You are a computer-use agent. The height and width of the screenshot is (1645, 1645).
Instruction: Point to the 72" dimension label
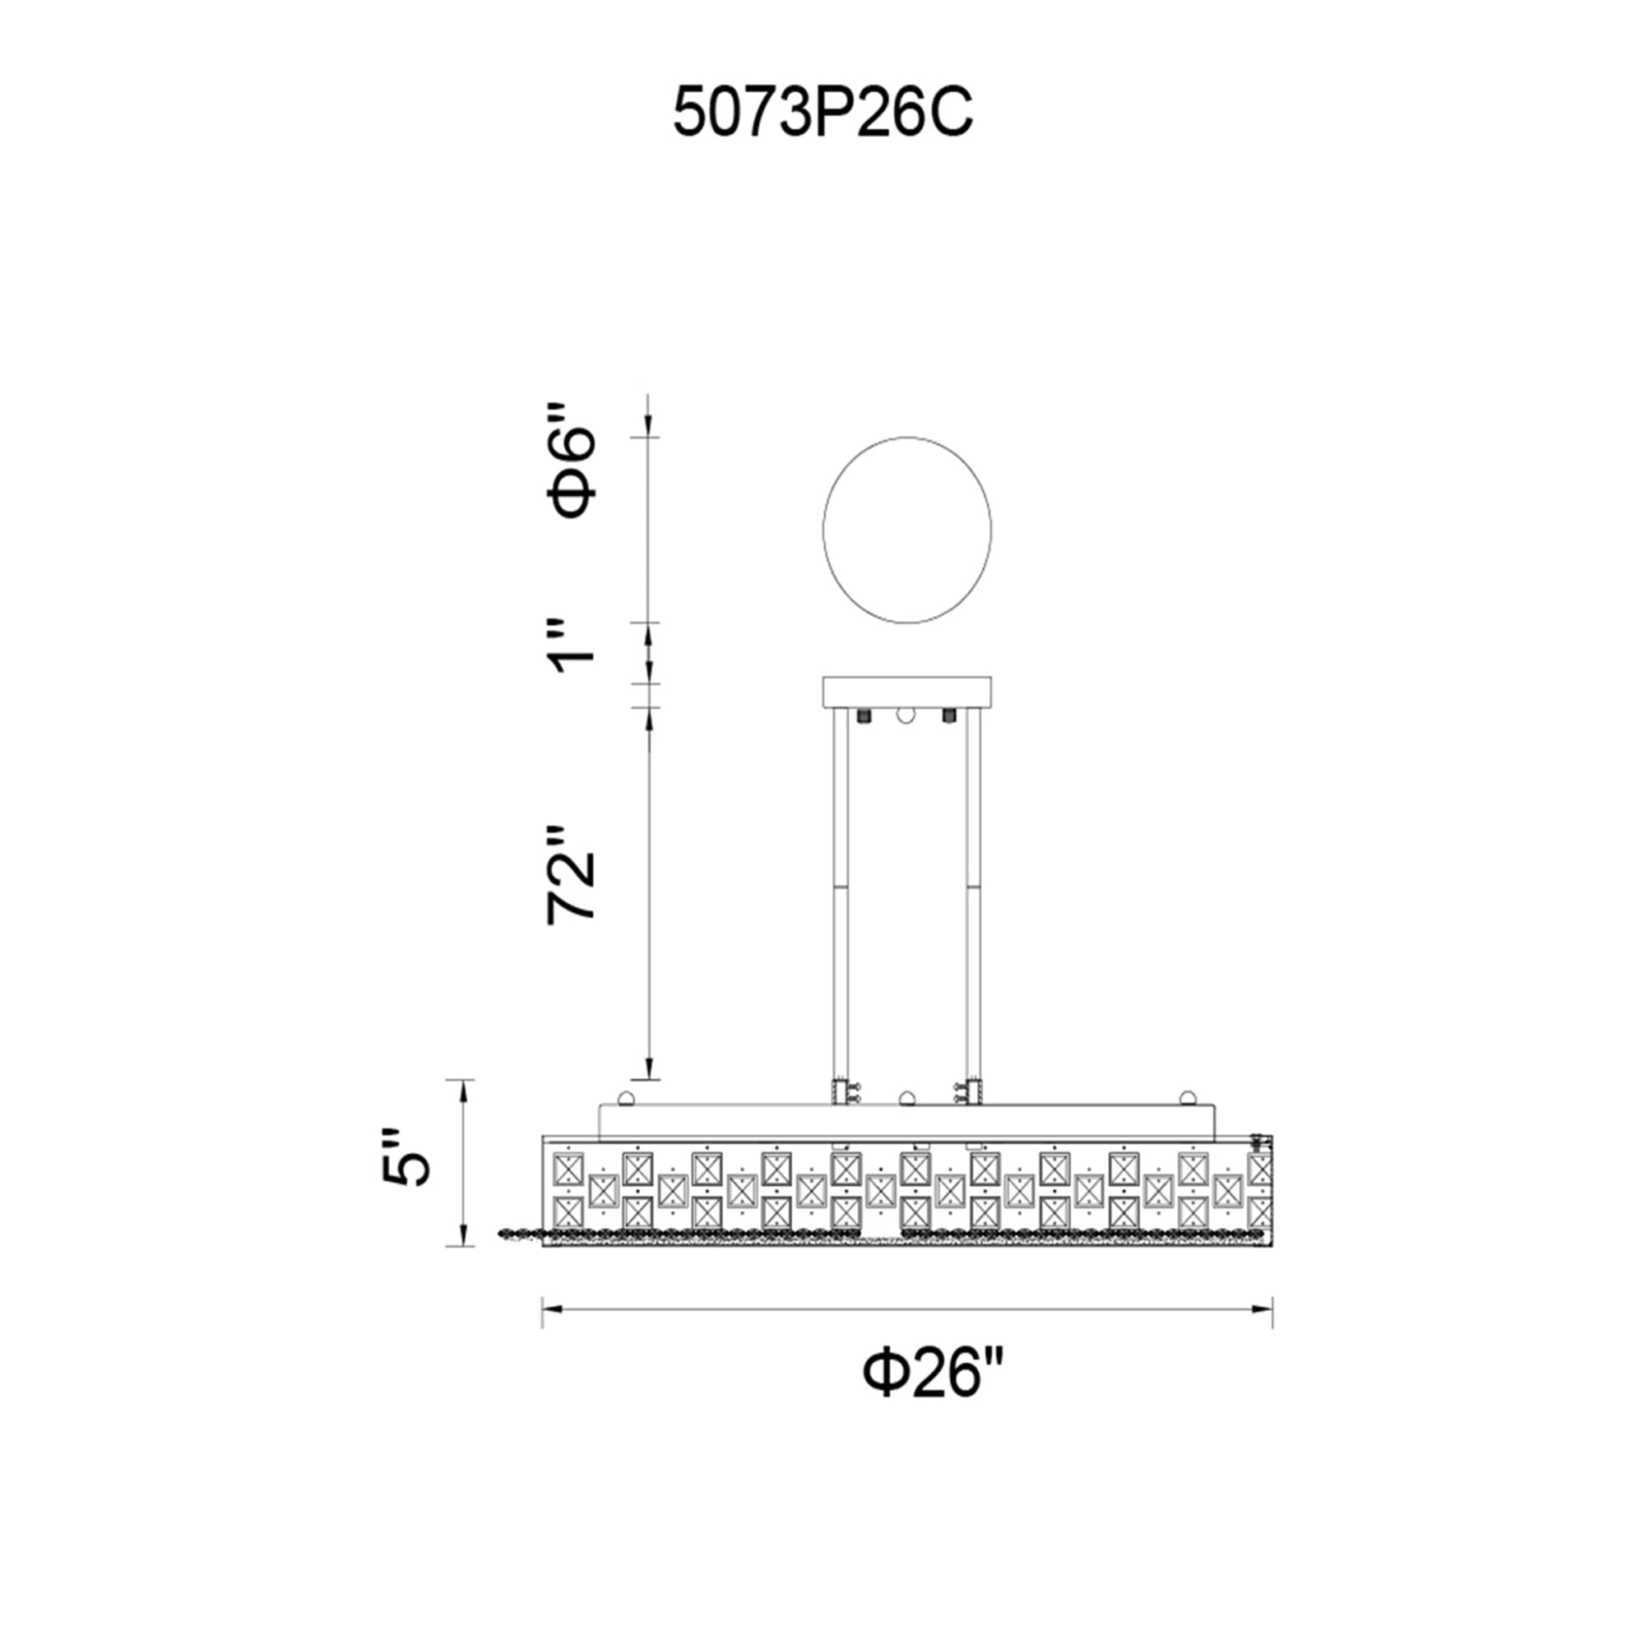(572, 873)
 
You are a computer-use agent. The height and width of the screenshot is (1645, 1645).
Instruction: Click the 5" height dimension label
(406, 1158)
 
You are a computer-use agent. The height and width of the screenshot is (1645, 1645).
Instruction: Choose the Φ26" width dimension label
(934, 1372)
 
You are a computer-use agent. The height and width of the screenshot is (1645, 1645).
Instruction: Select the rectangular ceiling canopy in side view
(906, 693)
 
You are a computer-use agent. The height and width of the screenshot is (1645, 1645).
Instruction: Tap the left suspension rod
(841, 894)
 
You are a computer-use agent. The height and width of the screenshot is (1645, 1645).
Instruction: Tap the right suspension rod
(973, 894)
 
